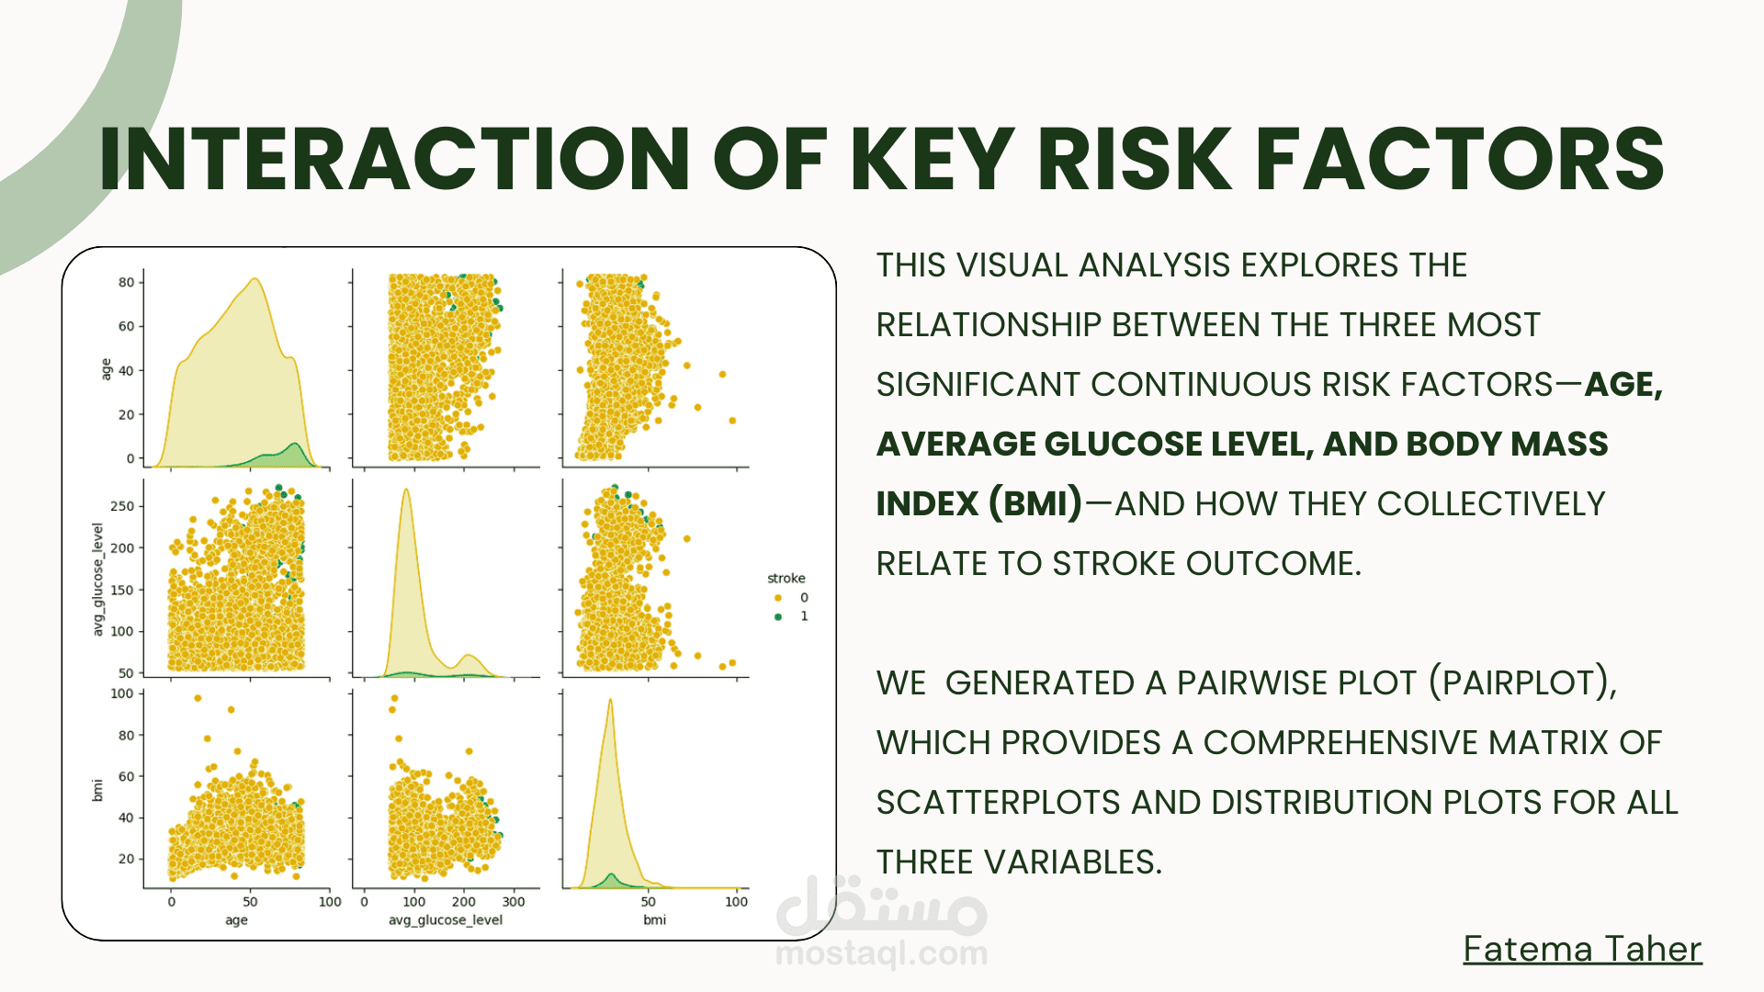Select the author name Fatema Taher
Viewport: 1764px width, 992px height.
pos(1582,949)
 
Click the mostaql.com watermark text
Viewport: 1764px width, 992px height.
pos(881,953)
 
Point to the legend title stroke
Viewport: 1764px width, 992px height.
pos(786,578)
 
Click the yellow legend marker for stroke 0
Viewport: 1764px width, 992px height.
pos(778,598)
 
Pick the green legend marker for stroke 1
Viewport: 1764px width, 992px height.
pos(778,616)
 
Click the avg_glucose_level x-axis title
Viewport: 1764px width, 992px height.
pos(446,920)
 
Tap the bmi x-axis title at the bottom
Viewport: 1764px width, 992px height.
pos(655,919)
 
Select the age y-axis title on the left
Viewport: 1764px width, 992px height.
pos(106,369)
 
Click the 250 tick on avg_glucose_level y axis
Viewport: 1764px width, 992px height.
pos(122,506)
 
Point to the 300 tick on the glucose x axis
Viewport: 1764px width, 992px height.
pos(514,902)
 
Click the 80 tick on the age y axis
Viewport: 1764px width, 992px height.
pos(126,282)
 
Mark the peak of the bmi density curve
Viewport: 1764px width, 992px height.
pos(610,700)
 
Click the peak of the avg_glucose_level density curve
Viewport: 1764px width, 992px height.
pos(406,490)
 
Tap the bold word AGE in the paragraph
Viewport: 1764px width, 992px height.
pos(1623,384)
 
